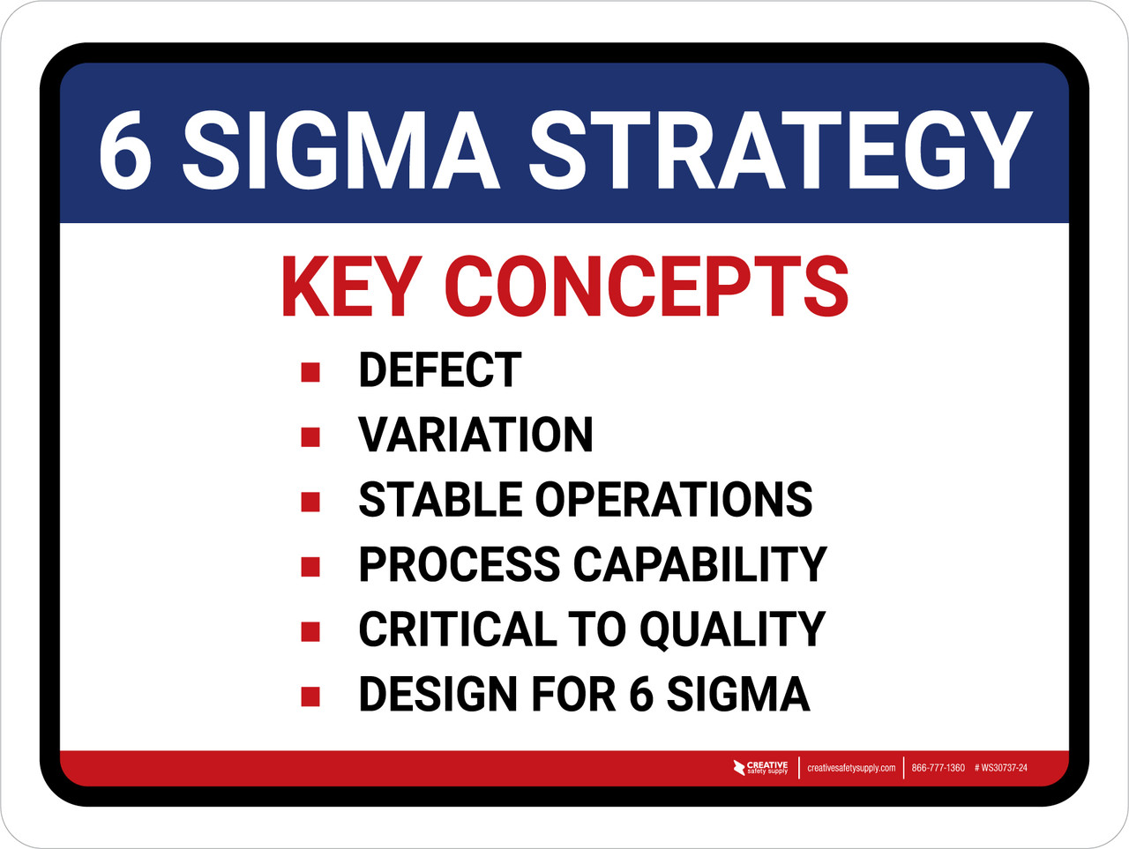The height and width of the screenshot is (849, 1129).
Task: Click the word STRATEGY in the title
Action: pos(780,150)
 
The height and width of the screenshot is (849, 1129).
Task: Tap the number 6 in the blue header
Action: pos(124,150)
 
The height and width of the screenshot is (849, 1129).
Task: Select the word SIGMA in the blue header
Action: pos(340,150)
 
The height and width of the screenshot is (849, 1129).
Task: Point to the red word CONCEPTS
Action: pos(647,287)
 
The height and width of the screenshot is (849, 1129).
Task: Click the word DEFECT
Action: pos(439,370)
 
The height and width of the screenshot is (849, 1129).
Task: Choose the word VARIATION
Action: pos(475,435)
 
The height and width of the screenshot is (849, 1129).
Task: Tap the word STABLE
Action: pos(440,500)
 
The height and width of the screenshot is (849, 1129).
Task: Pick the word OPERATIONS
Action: pos(674,500)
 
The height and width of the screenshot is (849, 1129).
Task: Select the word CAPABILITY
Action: pos(700,564)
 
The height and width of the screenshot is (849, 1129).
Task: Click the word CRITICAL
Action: pos(458,629)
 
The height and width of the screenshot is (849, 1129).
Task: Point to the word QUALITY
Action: pos(732,629)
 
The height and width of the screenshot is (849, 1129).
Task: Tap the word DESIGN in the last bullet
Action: pos(437,694)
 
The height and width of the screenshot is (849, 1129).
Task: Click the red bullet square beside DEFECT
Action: pos(310,371)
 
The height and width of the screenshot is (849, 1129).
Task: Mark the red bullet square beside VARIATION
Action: pos(310,436)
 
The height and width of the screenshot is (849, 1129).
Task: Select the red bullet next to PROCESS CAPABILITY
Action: pos(310,566)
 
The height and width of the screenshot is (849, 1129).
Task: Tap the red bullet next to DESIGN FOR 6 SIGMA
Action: pos(310,696)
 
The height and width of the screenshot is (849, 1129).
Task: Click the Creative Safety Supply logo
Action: pos(760,768)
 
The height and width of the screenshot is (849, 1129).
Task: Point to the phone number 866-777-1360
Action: pos(938,768)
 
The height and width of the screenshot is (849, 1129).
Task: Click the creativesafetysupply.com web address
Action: pos(851,768)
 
